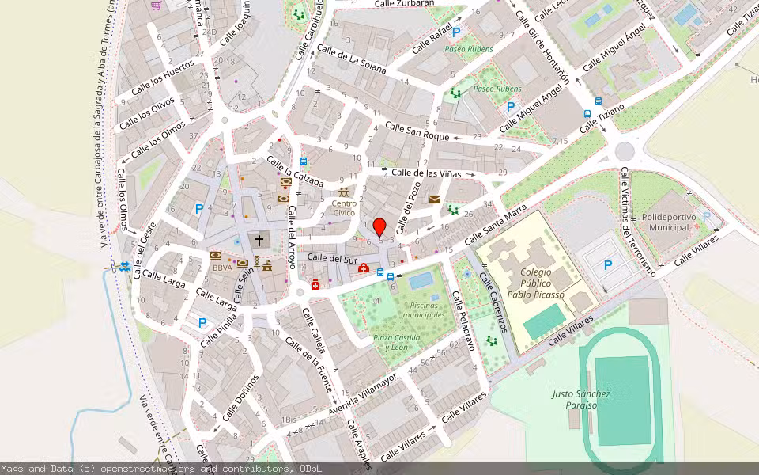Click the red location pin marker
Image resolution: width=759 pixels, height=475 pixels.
tap(379, 226)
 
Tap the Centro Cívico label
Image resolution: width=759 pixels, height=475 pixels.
tap(344, 208)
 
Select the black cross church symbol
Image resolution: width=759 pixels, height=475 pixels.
tap(259, 240)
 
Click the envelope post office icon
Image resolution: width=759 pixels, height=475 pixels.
tap(435, 199)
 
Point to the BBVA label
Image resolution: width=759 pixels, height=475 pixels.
tap(222, 268)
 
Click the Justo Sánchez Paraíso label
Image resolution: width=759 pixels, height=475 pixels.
tap(581, 399)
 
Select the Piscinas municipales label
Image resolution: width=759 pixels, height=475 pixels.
tap(423, 310)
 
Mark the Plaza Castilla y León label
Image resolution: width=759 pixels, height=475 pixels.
tap(396, 343)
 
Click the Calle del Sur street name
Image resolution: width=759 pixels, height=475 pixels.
tap(332, 258)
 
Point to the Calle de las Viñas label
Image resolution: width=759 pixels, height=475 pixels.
tap(427, 173)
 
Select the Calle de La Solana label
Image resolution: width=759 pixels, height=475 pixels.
tap(351, 59)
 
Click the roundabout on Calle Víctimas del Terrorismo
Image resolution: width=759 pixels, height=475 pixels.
tap(625, 150)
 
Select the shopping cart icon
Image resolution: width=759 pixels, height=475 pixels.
tap(156, 5)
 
